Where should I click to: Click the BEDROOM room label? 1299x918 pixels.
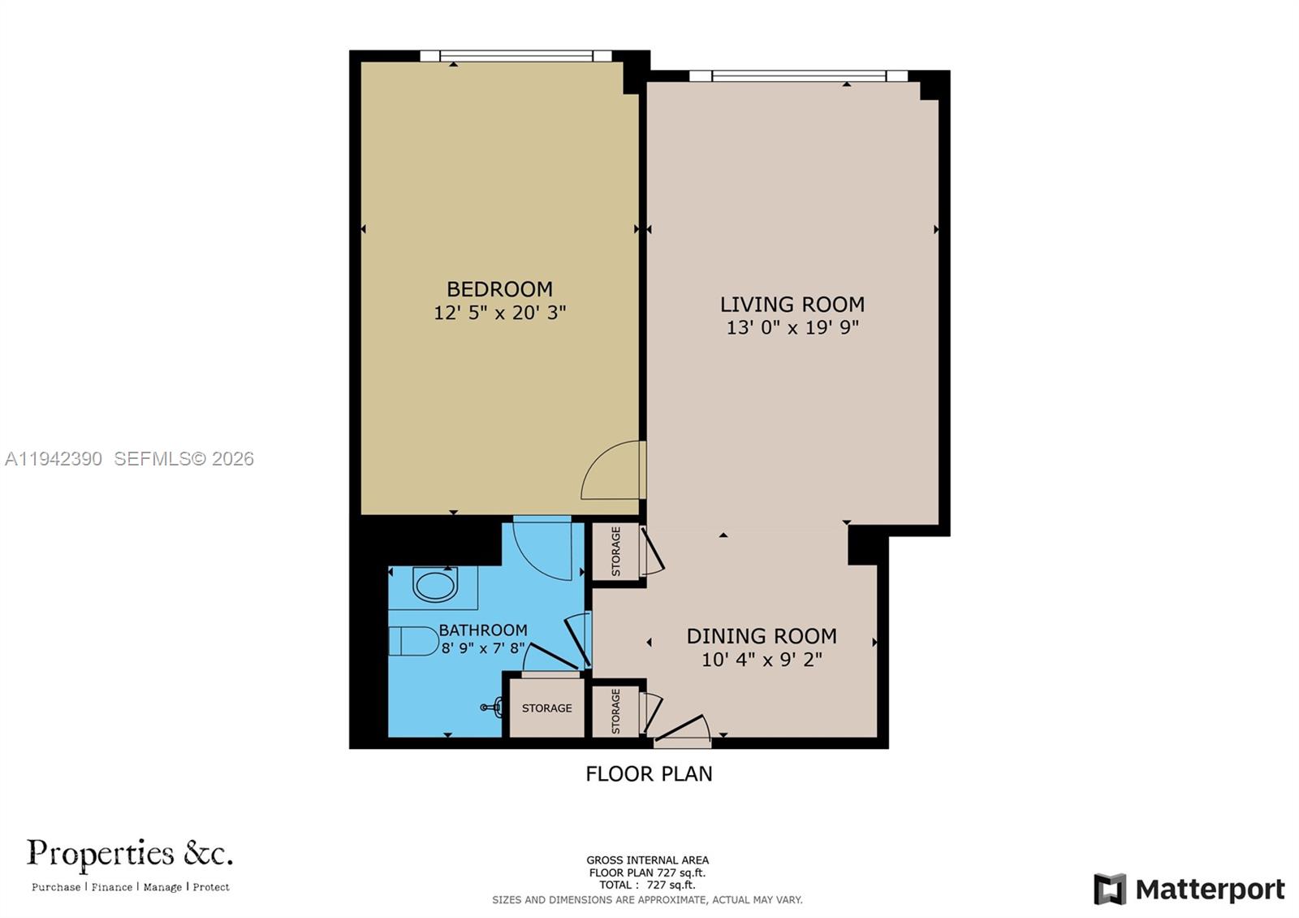(x=499, y=289)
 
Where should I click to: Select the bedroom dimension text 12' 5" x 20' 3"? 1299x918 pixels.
(x=499, y=313)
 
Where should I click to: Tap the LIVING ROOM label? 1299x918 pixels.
(x=792, y=305)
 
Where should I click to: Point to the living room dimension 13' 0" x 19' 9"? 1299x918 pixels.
(x=792, y=328)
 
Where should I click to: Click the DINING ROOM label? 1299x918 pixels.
(x=761, y=636)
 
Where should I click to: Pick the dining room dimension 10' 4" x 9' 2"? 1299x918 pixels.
(x=761, y=660)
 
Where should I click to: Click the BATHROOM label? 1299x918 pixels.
(x=483, y=630)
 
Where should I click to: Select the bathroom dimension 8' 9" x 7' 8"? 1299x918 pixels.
(x=483, y=648)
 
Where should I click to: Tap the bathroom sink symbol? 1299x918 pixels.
(x=435, y=585)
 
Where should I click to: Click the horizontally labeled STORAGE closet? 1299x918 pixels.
(x=546, y=708)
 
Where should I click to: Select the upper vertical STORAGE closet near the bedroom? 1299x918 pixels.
(x=615, y=552)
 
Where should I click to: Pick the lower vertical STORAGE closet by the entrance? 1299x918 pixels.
(x=615, y=711)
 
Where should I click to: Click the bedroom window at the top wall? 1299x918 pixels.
(x=516, y=56)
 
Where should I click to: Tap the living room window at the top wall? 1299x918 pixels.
(x=798, y=76)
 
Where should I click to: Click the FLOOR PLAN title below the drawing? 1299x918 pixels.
(x=649, y=773)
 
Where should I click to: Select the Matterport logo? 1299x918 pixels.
(x=1189, y=889)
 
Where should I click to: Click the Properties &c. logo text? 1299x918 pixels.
(x=130, y=854)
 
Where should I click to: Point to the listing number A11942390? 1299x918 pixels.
(x=54, y=459)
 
